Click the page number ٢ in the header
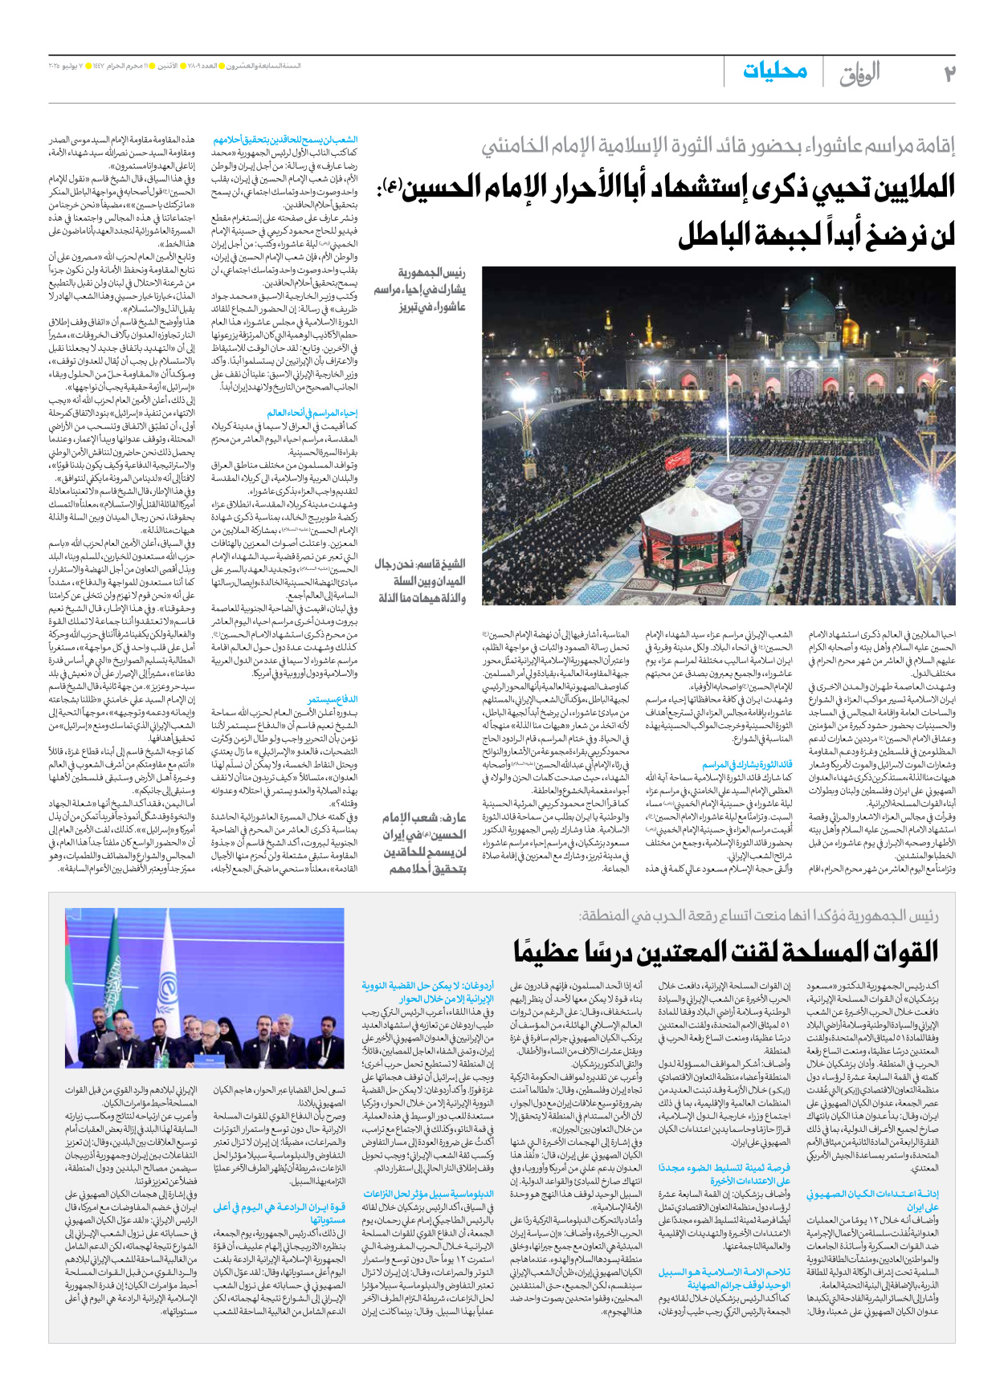click(949, 74)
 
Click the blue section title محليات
click(774, 71)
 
